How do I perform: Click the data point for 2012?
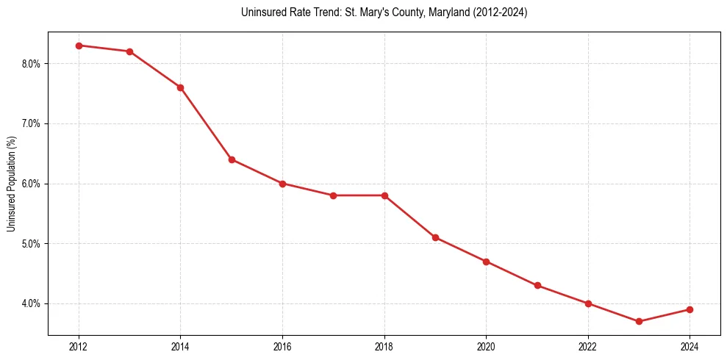point(79,46)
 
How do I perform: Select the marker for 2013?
point(129,51)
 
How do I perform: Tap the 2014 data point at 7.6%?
point(180,87)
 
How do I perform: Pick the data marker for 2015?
point(232,159)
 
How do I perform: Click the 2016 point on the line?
point(282,184)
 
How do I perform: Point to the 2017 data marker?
point(333,195)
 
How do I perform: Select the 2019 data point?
point(435,237)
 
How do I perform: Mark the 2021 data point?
point(537,285)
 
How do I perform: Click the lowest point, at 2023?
point(639,321)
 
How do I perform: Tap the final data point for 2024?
point(690,309)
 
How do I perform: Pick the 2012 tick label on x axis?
point(79,347)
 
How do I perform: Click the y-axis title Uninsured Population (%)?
point(11,184)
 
